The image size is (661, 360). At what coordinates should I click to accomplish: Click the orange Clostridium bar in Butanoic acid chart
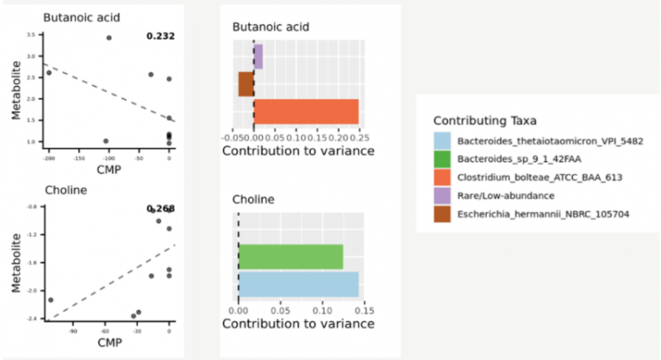point(306,111)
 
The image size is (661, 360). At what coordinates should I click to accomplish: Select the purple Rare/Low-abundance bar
point(258,57)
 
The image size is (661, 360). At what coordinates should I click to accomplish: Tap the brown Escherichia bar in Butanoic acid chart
point(245,84)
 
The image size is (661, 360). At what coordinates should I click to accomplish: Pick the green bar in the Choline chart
point(290,256)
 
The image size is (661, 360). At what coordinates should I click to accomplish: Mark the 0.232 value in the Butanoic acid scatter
point(160,36)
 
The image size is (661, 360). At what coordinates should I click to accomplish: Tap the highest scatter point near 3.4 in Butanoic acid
point(109,38)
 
